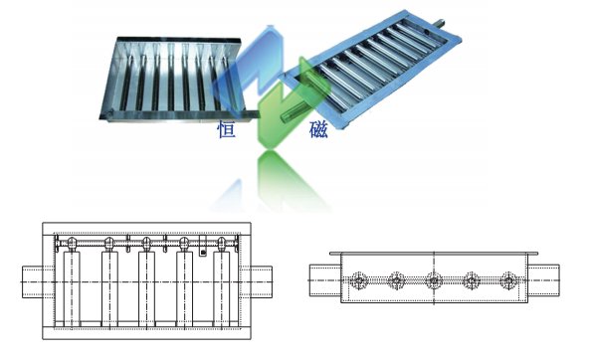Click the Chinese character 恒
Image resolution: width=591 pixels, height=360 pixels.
[x=227, y=129]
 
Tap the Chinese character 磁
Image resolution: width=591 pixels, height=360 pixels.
[x=318, y=129]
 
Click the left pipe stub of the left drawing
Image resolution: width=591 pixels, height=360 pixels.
[x=33, y=282]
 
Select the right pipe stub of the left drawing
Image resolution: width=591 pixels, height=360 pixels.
[x=262, y=282]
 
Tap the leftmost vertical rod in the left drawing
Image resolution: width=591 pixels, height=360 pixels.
[x=72, y=288]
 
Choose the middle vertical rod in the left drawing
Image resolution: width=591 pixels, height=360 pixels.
[x=146, y=288]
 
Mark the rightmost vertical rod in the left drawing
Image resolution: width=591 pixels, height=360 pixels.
[x=221, y=288]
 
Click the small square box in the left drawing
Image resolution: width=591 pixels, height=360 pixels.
[x=203, y=253]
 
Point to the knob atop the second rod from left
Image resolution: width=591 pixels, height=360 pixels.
[x=109, y=244]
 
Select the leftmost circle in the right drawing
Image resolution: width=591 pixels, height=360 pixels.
[x=358, y=280]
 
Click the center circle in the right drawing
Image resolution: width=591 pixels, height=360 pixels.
[x=434, y=280]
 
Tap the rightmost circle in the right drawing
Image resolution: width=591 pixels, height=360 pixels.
[x=508, y=280]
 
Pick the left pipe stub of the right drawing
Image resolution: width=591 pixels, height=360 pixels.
[x=325, y=280]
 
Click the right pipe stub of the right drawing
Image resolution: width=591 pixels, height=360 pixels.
[x=543, y=280]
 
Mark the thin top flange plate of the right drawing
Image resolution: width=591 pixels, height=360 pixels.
[x=434, y=254]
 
